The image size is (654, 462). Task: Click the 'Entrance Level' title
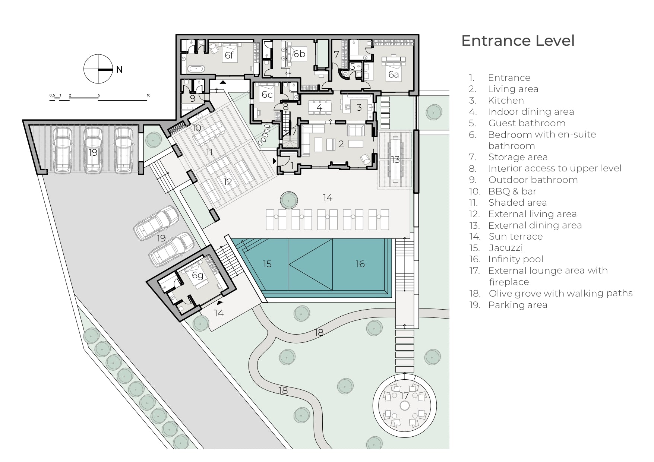(518, 41)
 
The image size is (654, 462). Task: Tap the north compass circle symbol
(98, 69)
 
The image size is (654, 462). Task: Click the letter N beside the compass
(119, 70)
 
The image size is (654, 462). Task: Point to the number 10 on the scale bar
(148, 95)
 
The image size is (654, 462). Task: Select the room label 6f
(229, 55)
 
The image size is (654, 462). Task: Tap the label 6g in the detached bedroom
(198, 275)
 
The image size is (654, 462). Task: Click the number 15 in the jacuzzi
(267, 264)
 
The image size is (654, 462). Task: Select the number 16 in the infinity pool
(360, 264)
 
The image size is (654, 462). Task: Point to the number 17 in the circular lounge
(404, 396)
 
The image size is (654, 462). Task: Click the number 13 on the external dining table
(395, 159)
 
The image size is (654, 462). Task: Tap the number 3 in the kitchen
(359, 108)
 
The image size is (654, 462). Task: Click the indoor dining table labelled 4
(319, 107)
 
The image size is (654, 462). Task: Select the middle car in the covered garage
(92, 151)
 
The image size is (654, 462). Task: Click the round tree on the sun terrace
(289, 200)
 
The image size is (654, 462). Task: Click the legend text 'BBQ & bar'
(512, 192)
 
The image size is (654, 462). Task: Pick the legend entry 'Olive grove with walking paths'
(561, 294)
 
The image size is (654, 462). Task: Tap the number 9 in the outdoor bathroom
(193, 98)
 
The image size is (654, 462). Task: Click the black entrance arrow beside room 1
(275, 161)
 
